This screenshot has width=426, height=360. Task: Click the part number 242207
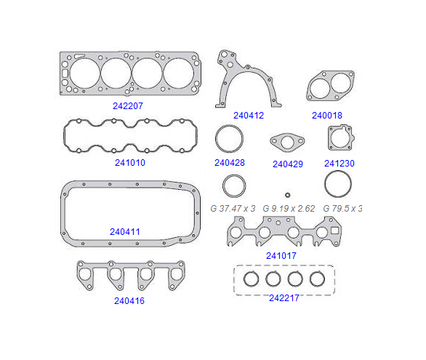point(128,105)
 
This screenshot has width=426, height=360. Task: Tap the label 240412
point(249,115)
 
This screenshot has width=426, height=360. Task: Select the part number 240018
point(327,115)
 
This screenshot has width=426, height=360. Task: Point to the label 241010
point(130,162)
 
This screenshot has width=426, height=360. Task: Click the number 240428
point(230,162)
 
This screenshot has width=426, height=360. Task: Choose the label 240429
point(288,164)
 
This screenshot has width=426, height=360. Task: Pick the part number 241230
point(339,163)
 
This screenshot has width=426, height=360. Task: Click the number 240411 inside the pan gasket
point(125,231)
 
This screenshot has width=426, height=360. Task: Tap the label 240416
point(129,301)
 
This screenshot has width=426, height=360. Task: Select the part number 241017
point(281,255)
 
